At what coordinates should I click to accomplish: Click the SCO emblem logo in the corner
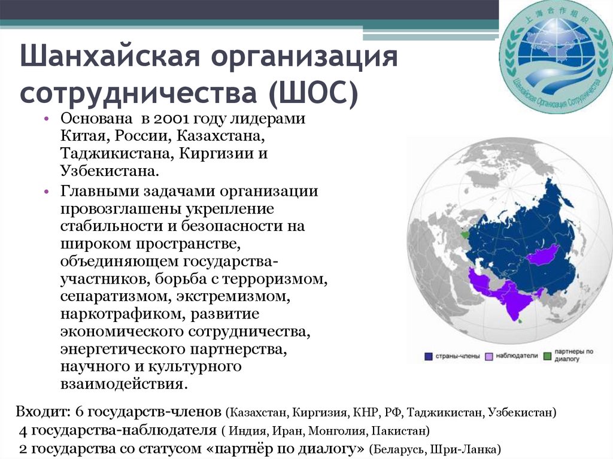tap(556, 56)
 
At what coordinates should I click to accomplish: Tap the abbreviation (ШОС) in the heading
tap(312, 95)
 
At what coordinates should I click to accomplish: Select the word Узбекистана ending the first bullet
tap(108, 172)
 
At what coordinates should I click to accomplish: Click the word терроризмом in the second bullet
tap(279, 278)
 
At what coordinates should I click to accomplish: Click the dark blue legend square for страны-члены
tap(429, 356)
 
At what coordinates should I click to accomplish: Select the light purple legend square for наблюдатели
tap(489, 356)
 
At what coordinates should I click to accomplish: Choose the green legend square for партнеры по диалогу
tap(548, 356)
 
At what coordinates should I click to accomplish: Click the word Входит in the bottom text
tap(43, 412)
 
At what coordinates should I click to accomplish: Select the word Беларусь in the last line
tap(394, 448)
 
